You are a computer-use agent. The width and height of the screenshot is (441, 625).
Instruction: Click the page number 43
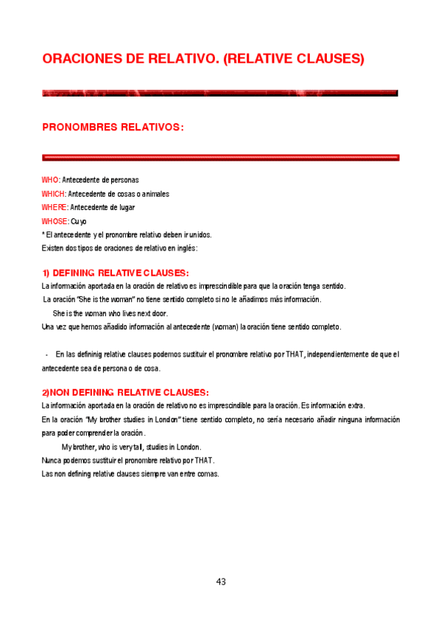(x=221, y=582)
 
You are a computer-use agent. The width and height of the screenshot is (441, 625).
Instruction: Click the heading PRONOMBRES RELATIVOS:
(x=113, y=128)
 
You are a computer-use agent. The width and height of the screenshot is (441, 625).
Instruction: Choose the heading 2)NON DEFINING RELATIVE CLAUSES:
(x=125, y=391)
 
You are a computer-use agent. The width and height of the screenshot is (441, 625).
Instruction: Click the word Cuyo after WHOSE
(x=79, y=221)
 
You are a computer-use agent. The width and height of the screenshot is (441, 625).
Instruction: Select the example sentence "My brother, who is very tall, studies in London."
(x=131, y=447)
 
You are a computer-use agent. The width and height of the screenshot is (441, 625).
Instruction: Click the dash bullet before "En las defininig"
(x=46, y=355)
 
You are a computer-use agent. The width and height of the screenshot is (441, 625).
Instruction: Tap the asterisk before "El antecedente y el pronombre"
(x=43, y=234)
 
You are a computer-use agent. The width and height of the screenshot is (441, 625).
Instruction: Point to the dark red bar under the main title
(x=220, y=94)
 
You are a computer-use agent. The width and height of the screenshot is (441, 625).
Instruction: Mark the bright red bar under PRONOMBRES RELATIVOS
(x=220, y=157)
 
